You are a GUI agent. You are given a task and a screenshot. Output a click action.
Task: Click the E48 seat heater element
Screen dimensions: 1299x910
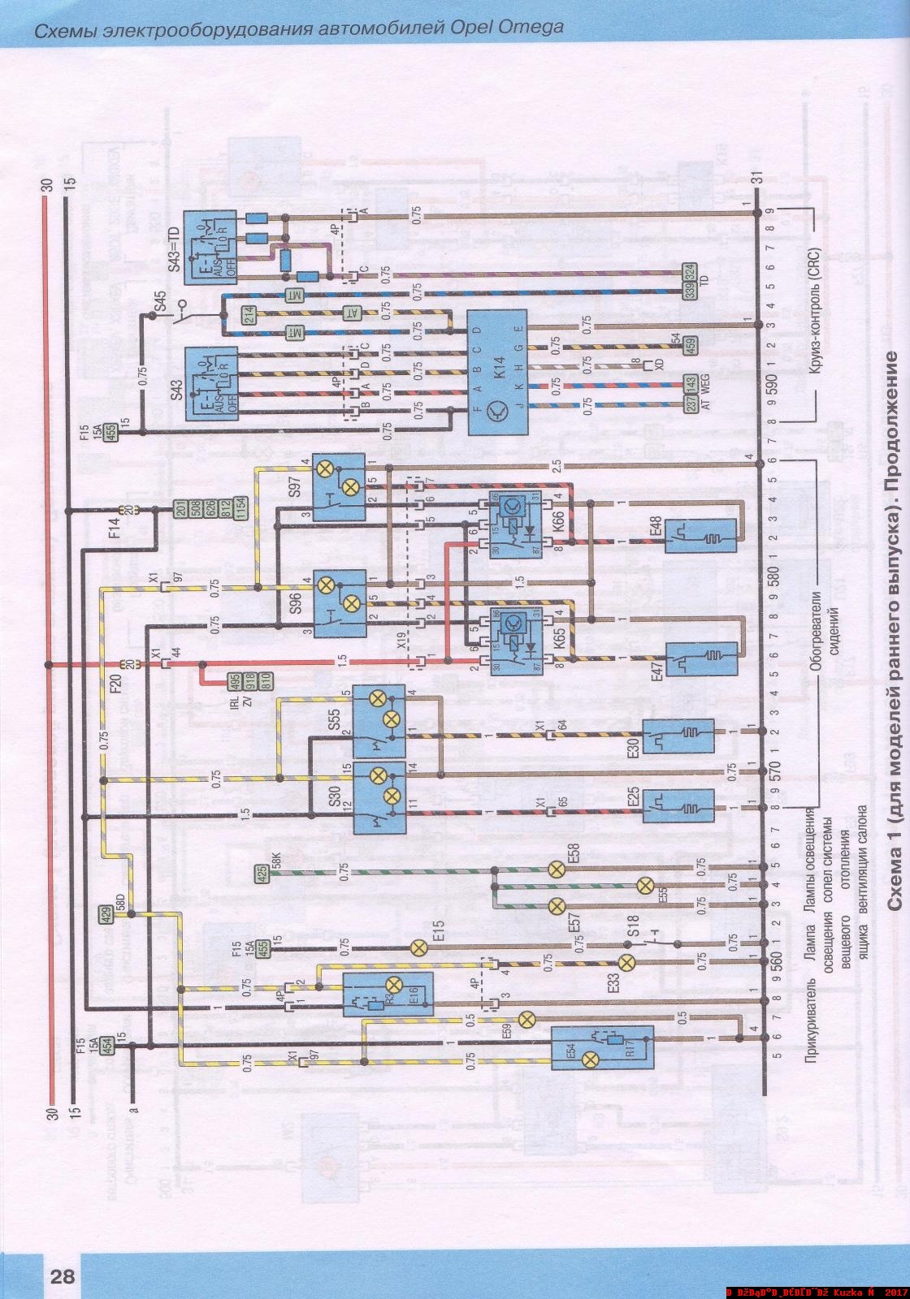[700, 536]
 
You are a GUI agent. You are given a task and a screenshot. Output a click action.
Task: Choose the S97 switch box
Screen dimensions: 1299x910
[339, 487]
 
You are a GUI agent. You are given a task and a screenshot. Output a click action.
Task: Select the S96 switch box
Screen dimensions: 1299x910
[339, 602]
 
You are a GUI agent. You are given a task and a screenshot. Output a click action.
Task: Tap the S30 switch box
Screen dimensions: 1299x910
[379, 796]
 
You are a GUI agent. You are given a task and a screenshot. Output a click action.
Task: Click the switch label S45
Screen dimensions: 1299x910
[159, 300]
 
